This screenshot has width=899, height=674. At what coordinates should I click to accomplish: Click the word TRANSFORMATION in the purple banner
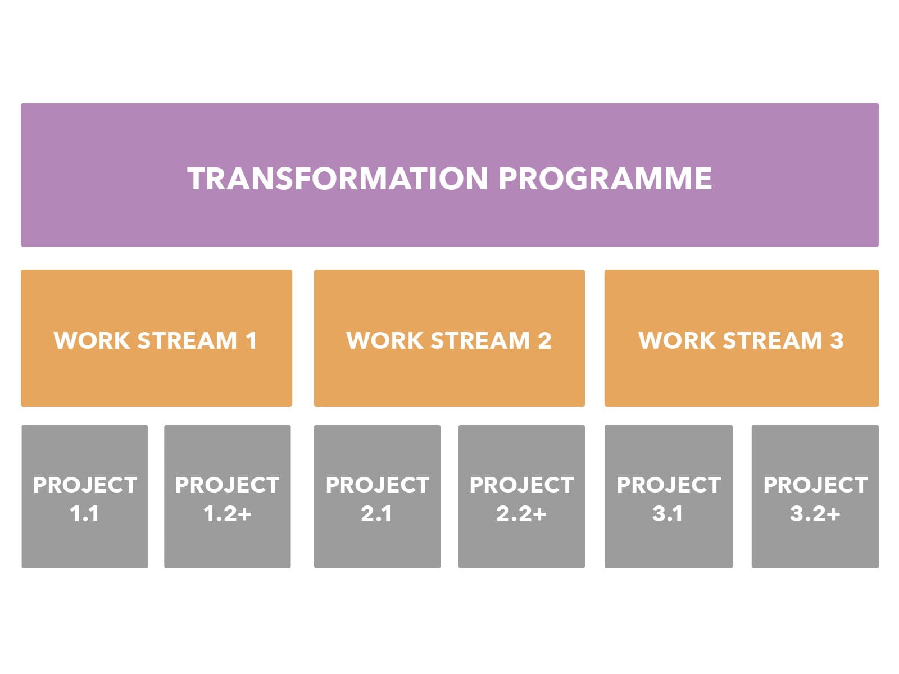click(x=338, y=179)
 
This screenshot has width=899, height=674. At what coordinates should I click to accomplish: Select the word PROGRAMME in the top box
click(x=605, y=179)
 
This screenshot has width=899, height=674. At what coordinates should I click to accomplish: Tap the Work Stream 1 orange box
click(x=156, y=338)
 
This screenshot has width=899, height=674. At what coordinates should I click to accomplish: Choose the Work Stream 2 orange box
click(x=449, y=338)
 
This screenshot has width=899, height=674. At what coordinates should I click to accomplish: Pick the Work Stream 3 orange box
click(x=741, y=338)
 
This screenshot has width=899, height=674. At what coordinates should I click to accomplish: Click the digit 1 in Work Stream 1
click(x=251, y=340)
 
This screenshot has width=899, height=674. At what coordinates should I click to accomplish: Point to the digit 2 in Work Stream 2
click(x=544, y=340)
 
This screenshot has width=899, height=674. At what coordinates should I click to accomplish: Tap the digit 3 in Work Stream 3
click(x=837, y=340)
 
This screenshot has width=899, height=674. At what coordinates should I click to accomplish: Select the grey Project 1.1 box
click(x=85, y=497)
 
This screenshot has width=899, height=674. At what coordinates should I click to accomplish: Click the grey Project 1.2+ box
click(x=228, y=497)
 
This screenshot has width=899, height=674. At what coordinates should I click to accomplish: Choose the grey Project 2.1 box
click(x=377, y=497)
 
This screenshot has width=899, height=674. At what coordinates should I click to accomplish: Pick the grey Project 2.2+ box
click(x=521, y=497)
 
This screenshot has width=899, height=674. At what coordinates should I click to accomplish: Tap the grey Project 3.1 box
click(x=669, y=497)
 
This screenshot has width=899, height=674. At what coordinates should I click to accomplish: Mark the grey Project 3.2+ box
click(x=815, y=497)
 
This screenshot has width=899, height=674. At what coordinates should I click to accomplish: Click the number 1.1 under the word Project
click(x=84, y=514)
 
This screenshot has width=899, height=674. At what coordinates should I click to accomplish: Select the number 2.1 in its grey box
click(x=376, y=514)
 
